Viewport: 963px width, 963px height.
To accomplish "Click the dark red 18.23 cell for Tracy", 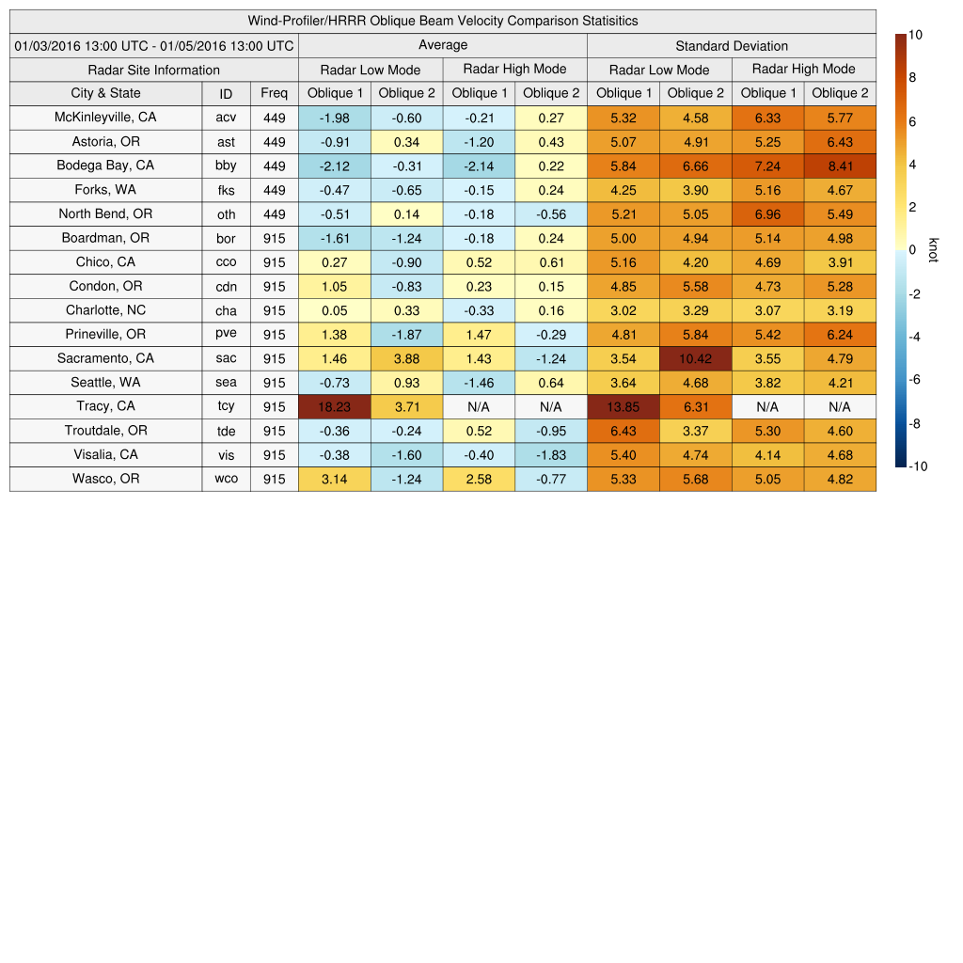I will (x=334, y=406).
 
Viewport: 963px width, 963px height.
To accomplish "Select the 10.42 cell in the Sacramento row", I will (x=695, y=358).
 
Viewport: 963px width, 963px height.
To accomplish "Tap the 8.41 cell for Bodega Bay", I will (x=840, y=166).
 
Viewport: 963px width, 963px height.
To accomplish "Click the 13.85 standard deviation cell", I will (x=623, y=406).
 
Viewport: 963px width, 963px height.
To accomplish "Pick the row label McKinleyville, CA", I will (x=105, y=118).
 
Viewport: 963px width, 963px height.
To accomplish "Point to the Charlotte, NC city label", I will (x=105, y=310).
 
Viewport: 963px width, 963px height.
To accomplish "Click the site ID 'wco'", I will (x=226, y=479).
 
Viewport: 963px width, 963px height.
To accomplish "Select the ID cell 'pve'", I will (x=226, y=334).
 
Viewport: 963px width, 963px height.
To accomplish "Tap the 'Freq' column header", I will (x=274, y=93).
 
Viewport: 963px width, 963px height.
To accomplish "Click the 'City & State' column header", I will (x=105, y=93).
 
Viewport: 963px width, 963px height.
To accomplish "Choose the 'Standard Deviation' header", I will (x=732, y=45).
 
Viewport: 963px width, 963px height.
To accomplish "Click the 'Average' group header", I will (x=442, y=45).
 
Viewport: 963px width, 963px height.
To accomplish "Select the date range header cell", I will (x=154, y=45).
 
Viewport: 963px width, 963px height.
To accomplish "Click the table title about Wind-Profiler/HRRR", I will (x=442, y=21).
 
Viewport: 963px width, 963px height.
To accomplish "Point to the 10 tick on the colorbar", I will (x=915, y=35).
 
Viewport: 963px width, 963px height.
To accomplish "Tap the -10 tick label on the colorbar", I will (x=918, y=466).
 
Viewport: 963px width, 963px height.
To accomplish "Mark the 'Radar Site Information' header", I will (x=154, y=70).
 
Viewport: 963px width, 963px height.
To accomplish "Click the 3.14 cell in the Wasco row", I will (x=334, y=479).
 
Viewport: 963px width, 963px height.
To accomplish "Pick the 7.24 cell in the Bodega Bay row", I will (x=767, y=166).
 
